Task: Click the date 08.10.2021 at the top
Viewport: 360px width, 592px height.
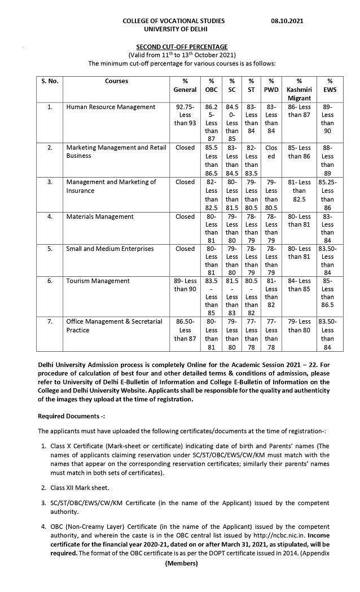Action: click(287, 21)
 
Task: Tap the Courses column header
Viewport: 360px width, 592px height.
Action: click(116, 81)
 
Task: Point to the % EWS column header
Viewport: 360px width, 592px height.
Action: click(330, 86)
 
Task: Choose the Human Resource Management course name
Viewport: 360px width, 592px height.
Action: click(111, 107)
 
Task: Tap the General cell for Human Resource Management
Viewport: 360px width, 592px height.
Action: click(185, 115)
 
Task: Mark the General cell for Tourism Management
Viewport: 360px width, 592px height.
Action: click(185, 285)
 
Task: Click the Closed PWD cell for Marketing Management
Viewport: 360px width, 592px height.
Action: click(271, 152)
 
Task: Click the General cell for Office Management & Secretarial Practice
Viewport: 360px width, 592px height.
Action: click(185, 330)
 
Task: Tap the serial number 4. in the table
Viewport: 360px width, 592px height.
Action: click(50, 217)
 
